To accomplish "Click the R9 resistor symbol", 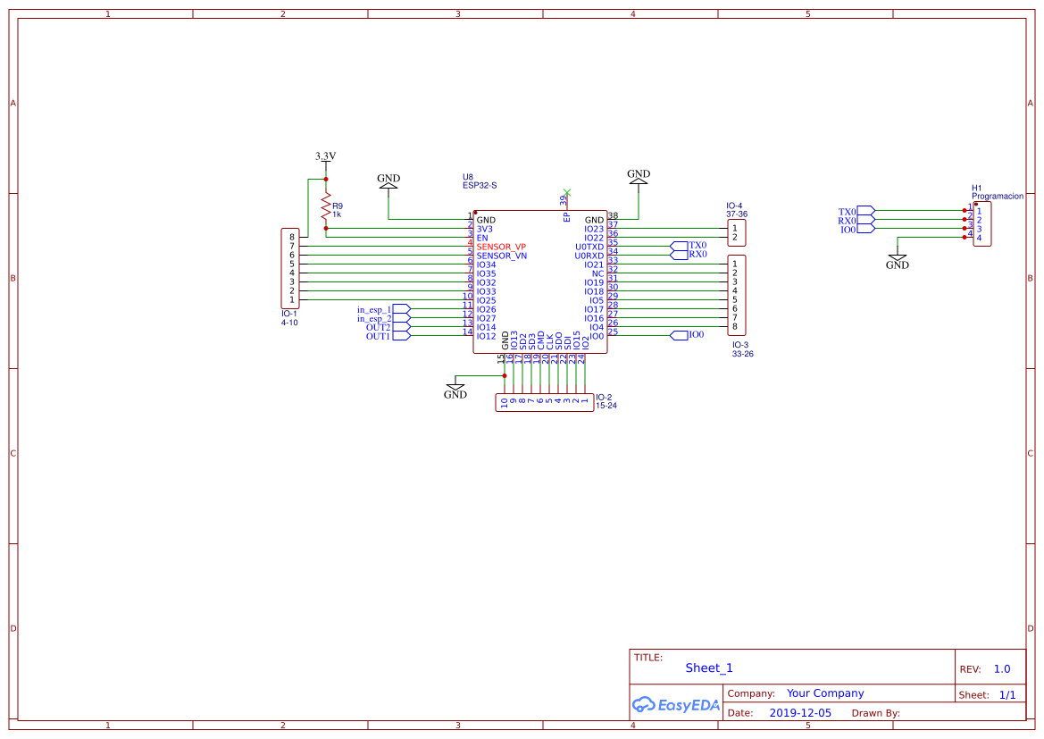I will click(326, 209).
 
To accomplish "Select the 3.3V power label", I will click(325, 156).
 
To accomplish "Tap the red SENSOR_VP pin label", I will click(501, 247).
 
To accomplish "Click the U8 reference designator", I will click(468, 177).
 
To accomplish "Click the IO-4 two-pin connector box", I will click(737, 233).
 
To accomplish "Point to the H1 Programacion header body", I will click(982, 224).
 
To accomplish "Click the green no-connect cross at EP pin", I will click(567, 192).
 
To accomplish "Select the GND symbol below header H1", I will click(898, 261).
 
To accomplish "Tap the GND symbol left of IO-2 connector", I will click(455, 390).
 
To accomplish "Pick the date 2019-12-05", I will click(800, 713).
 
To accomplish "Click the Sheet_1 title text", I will click(709, 668).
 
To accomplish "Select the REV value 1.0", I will click(1002, 669).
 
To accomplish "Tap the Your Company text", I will click(825, 693).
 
